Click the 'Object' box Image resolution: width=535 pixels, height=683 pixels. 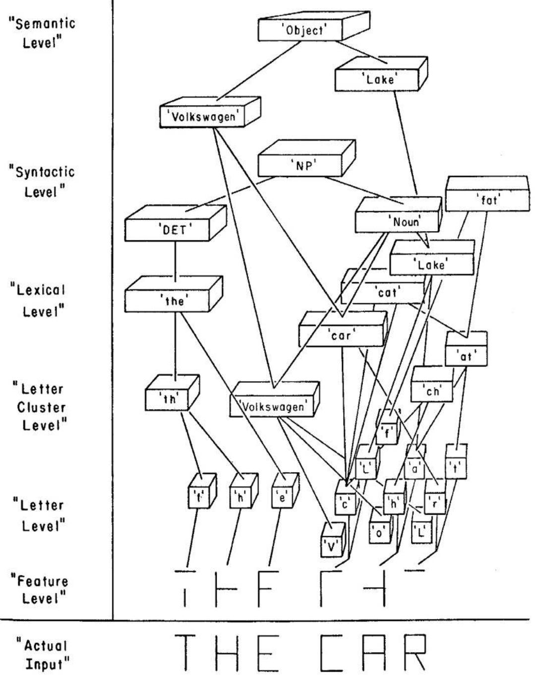click(x=300, y=31)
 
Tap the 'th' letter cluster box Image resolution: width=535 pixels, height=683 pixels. click(x=169, y=399)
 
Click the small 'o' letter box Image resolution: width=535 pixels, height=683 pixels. click(x=379, y=534)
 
